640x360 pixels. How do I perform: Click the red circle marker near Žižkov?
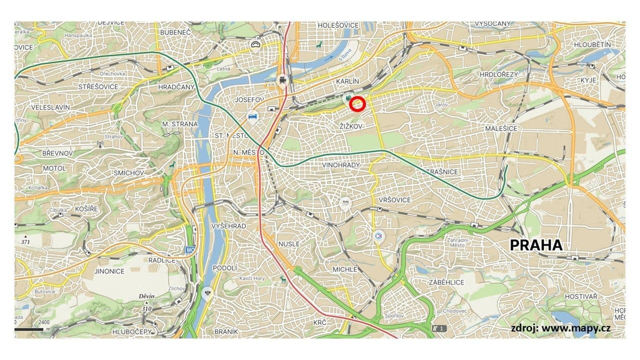pos(357,103)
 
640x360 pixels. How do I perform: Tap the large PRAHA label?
pos(536,245)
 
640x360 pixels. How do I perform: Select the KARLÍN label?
pos(347,81)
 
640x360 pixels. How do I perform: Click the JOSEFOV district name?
pos(249,100)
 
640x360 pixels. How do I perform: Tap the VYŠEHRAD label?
pos(229,226)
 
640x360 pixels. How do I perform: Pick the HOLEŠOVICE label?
pos(338,25)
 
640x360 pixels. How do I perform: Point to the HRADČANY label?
pos(175,86)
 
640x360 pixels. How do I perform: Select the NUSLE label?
pos(289,243)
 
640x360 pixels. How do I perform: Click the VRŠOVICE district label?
pos(395,200)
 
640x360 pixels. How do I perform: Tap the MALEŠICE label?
pos(501,128)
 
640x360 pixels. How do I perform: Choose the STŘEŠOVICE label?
pos(98,86)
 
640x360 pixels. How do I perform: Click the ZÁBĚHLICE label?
pos(446,282)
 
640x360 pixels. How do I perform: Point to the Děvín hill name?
pos(146,296)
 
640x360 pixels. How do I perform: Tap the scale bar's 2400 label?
pos(44,322)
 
